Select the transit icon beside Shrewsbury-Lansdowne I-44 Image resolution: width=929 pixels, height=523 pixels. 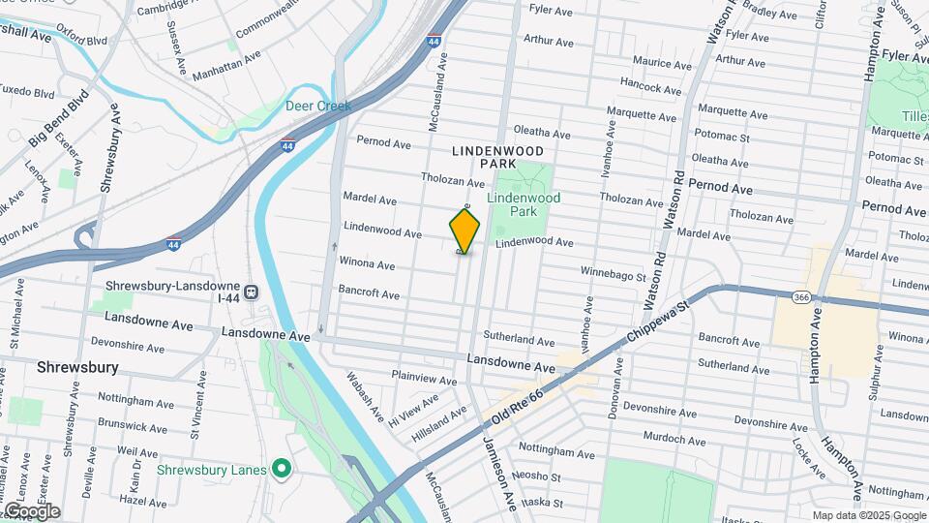click(x=252, y=291)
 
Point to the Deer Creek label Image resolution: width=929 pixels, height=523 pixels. click(x=318, y=106)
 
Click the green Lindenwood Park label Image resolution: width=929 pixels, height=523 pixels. click(x=524, y=203)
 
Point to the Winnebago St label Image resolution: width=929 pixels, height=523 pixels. click(x=613, y=275)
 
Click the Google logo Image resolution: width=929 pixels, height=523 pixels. click(x=31, y=511)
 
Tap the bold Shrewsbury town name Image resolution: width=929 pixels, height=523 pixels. click(x=76, y=367)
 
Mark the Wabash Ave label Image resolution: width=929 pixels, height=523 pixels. click(x=366, y=396)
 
